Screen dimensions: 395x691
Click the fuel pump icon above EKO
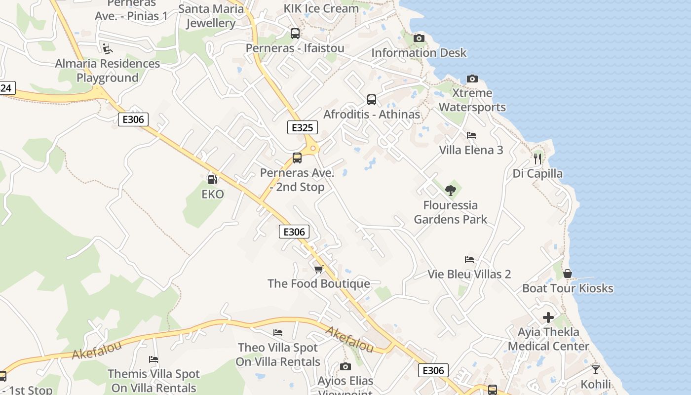click(x=212, y=180)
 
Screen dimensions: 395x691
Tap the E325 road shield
click(x=302, y=128)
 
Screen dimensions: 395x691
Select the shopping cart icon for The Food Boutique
click(x=319, y=269)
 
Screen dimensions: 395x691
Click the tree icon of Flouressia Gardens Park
click(x=450, y=190)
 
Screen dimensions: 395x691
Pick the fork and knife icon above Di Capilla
click(x=537, y=158)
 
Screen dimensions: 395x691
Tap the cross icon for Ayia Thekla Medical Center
click(x=548, y=317)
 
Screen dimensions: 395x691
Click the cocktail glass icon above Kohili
click(x=596, y=369)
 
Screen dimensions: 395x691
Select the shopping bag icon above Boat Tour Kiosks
click(x=568, y=274)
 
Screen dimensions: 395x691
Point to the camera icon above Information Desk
click(x=419, y=38)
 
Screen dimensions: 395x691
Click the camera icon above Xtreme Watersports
click(x=472, y=79)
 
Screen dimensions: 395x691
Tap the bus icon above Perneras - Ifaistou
click(x=295, y=34)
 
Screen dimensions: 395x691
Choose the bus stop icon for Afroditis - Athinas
click(x=372, y=100)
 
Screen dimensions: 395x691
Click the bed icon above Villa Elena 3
click(x=471, y=135)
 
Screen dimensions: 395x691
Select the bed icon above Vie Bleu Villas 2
click(x=469, y=260)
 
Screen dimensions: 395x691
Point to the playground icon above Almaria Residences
click(x=107, y=48)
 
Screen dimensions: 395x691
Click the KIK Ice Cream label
click(x=321, y=8)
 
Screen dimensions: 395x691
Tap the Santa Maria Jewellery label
click(x=211, y=16)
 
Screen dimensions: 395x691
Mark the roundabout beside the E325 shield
click(x=312, y=148)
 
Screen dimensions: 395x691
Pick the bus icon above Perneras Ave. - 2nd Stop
click(x=297, y=158)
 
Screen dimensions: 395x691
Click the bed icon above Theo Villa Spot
click(x=278, y=333)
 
